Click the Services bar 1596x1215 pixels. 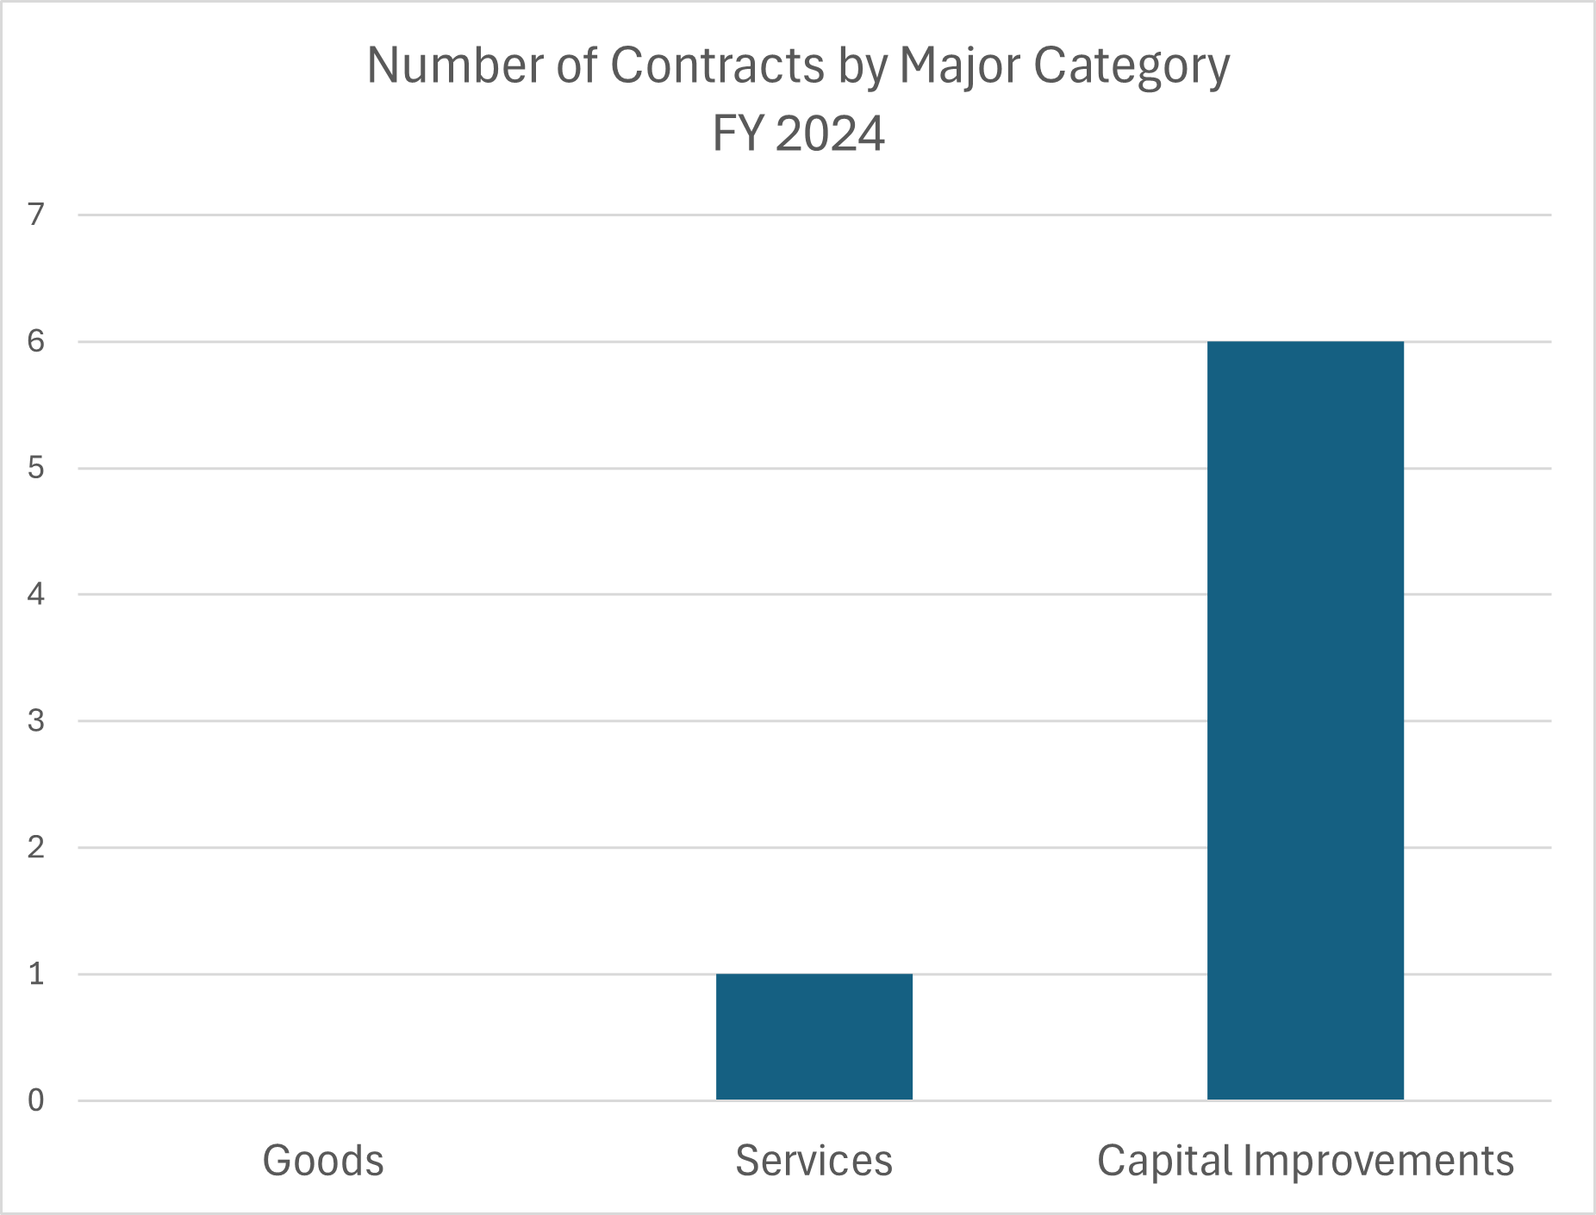(814, 1037)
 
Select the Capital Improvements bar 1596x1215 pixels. (1305, 720)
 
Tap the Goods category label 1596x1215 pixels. (323, 1161)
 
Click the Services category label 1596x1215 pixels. (814, 1161)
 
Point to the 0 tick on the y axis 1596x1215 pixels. (36, 1100)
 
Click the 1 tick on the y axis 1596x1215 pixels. (36, 975)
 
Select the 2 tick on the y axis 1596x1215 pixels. (36, 848)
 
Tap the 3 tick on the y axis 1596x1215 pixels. (36, 721)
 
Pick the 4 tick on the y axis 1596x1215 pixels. (36, 595)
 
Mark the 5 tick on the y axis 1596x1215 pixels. (36, 469)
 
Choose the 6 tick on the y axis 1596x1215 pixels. (36, 342)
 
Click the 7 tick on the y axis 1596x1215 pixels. (36, 215)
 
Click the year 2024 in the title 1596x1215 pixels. (829, 134)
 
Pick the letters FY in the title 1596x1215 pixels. (738, 134)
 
